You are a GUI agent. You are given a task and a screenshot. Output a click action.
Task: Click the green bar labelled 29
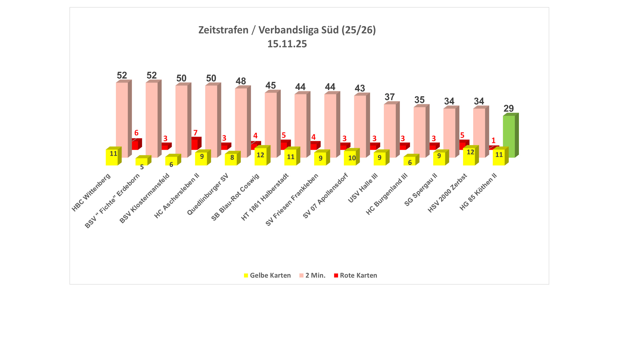(x=509, y=136)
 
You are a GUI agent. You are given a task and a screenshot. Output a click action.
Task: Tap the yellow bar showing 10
(x=350, y=158)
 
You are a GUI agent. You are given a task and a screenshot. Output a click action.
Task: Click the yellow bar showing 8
(x=231, y=159)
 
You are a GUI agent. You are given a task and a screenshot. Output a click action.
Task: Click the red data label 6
(x=136, y=133)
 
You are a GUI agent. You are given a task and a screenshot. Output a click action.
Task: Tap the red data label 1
(x=493, y=141)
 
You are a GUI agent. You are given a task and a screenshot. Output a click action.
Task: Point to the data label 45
(x=271, y=85)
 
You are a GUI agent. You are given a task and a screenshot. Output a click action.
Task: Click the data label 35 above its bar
(x=419, y=100)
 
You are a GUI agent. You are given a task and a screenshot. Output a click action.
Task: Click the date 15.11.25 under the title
(x=287, y=44)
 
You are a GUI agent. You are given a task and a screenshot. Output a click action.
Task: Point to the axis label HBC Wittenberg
(x=91, y=193)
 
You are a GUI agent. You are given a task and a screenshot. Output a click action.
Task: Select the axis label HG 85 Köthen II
(x=478, y=192)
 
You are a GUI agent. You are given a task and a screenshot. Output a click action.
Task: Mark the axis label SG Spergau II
(x=421, y=190)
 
